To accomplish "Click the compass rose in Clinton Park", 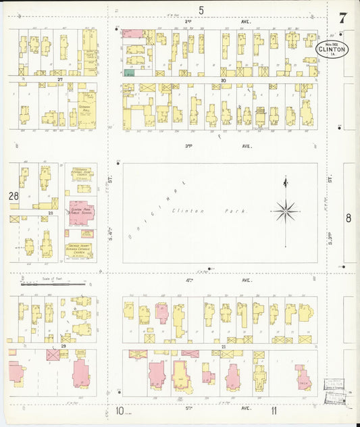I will tap(286, 211).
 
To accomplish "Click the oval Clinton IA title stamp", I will tap(331, 49).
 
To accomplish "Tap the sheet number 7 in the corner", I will tap(343, 18).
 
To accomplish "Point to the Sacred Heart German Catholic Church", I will tap(79, 251).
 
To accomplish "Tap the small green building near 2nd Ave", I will tap(129, 72).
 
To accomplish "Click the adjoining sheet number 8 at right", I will tap(349, 218).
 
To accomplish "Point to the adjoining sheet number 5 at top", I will tap(201, 9).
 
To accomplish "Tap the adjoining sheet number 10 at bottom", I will tap(119, 410).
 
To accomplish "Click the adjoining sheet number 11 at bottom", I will tap(274, 410).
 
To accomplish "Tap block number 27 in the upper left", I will tap(60, 80).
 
